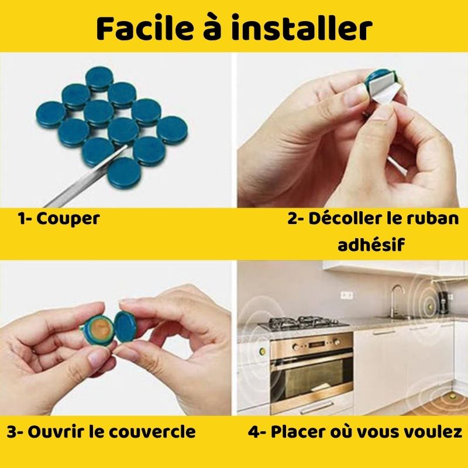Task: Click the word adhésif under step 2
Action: coord(371,245)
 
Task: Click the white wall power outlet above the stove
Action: coord(347,295)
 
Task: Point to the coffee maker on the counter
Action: coord(442,302)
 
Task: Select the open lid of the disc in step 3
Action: coord(126,326)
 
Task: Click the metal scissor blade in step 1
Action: coord(86,176)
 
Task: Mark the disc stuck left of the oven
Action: coord(263,351)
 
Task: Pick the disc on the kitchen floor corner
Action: coord(452,397)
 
